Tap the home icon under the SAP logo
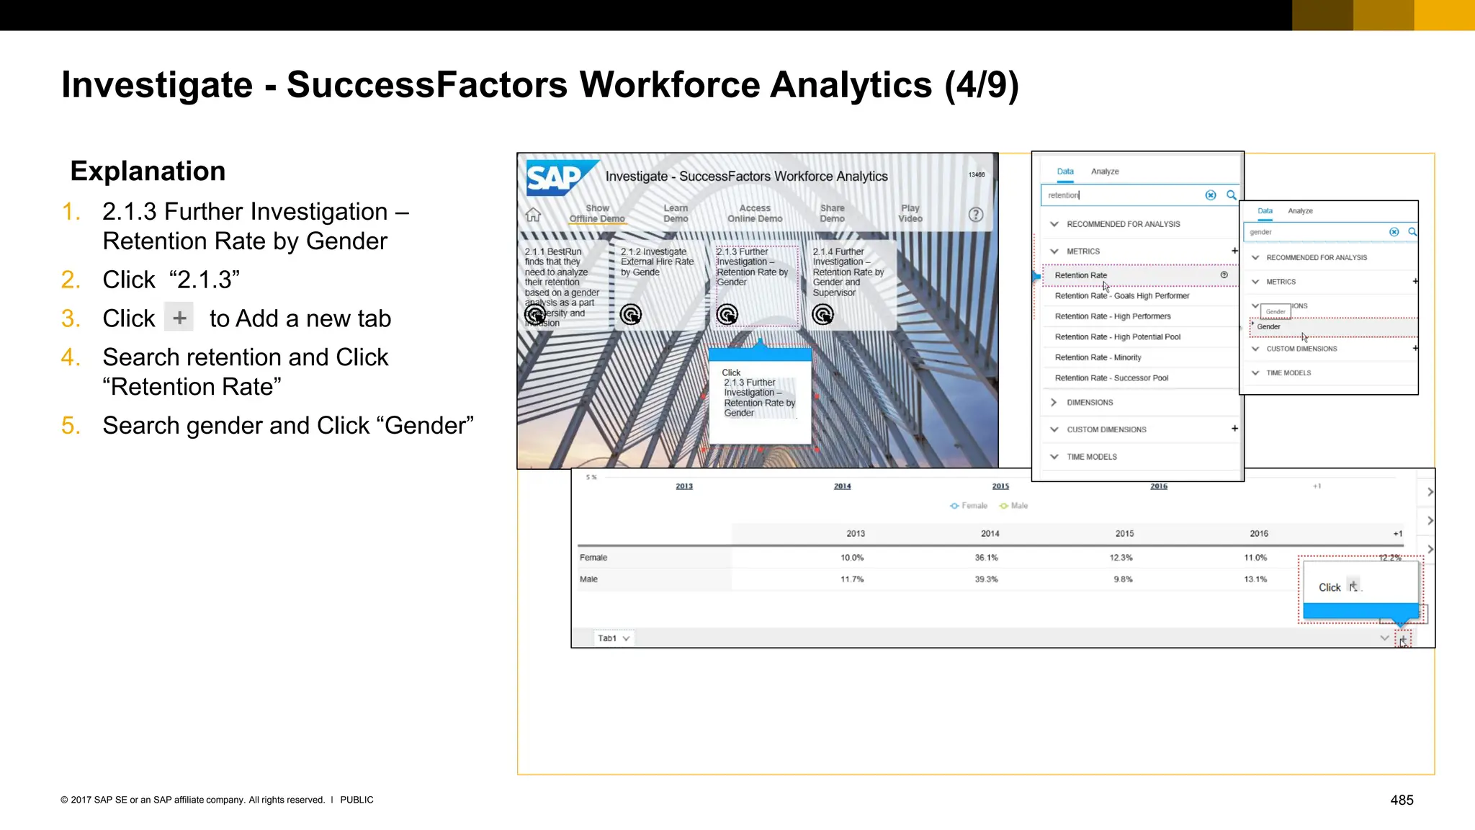(533, 215)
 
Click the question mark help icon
(975, 215)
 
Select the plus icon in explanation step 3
(179, 318)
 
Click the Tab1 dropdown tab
(613, 638)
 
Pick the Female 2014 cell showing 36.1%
(986, 558)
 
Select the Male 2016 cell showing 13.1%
(1255, 579)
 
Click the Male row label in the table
(589, 579)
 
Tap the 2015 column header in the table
(1124, 534)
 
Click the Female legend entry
(969, 506)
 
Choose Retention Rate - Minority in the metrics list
(1098, 357)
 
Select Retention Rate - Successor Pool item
(1111, 378)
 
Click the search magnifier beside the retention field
(1232, 195)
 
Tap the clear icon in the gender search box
(1394, 232)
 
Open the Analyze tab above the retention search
(1105, 171)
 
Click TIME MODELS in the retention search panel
(1091, 457)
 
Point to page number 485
(1402, 800)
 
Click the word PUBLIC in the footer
(357, 800)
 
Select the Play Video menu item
(910, 213)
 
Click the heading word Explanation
(148, 171)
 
